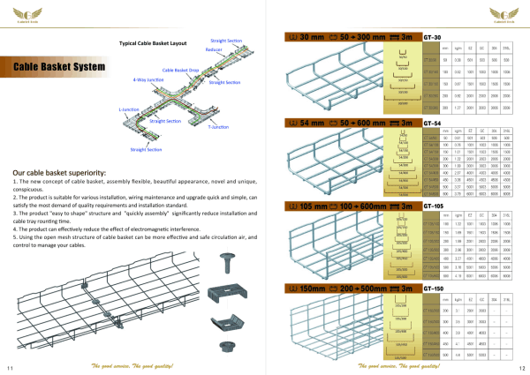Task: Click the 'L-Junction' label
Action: (x=129, y=110)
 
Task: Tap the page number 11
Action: (x=8, y=367)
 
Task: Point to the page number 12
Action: (x=522, y=367)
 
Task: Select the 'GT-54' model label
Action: (x=433, y=122)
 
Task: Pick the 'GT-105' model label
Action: (x=435, y=205)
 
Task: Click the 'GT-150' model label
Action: (x=435, y=288)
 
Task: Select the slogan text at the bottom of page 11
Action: (x=132, y=364)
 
